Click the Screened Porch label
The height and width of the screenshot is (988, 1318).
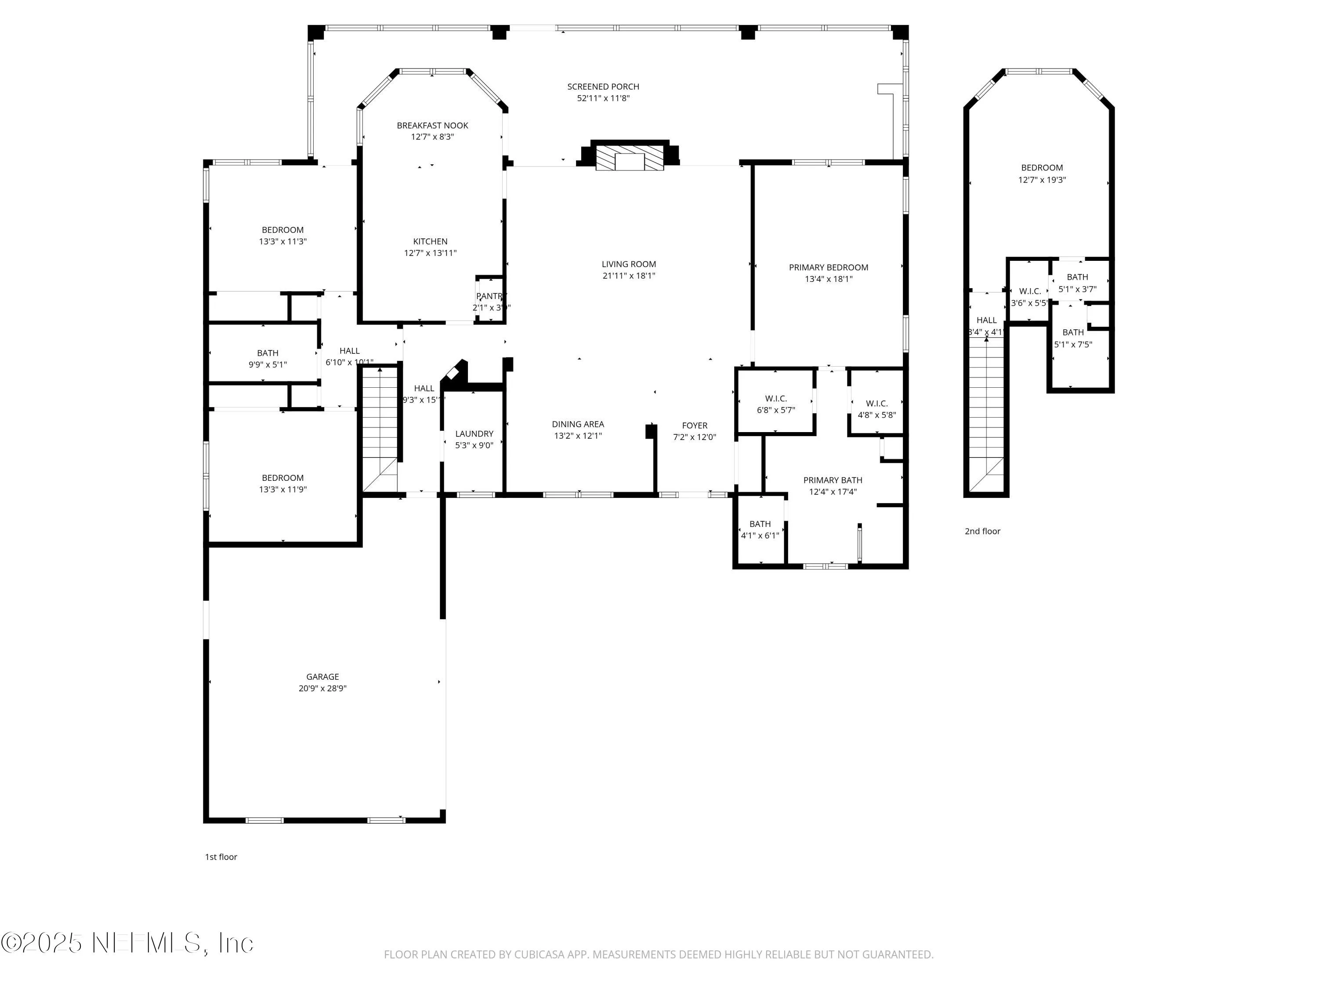(603, 87)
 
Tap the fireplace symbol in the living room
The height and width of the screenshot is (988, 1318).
(630, 157)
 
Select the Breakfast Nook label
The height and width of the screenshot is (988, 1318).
(433, 126)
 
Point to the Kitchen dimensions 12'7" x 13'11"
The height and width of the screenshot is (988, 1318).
(430, 253)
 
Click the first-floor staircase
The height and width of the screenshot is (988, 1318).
(380, 429)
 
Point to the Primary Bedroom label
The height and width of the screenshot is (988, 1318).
(828, 267)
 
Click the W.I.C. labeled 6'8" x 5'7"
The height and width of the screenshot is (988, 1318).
(776, 404)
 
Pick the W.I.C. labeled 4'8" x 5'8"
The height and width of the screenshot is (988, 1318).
(876, 409)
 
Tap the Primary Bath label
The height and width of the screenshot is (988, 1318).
(833, 480)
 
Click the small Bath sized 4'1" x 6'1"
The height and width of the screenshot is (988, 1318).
(760, 530)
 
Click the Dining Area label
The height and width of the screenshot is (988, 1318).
(577, 425)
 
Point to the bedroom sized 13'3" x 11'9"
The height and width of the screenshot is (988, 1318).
(282, 483)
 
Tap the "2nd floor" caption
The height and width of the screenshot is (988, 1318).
(982, 531)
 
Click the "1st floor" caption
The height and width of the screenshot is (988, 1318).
(221, 857)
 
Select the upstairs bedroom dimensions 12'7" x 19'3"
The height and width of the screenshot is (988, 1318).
(1042, 180)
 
